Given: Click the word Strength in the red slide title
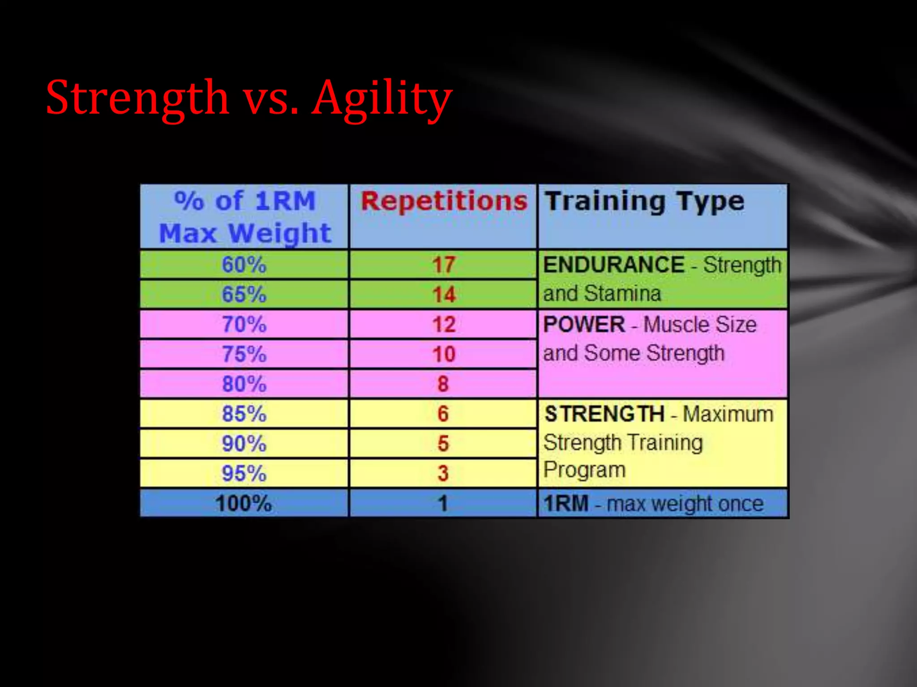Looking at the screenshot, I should [x=137, y=98].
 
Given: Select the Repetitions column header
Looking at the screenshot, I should [x=444, y=201].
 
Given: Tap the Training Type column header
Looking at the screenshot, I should [x=644, y=201].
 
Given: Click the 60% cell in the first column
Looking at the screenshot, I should [x=244, y=264].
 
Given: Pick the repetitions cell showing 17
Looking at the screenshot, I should [x=444, y=264].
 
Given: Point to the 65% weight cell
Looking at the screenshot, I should [x=244, y=294].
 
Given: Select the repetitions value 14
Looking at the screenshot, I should [x=444, y=294].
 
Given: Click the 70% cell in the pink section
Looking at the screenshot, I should [x=244, y=324].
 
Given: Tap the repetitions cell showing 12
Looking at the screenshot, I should [x=444, y=324].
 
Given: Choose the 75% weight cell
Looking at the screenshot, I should [x=244, y=354].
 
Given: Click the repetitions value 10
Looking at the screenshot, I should [x=444, y=354].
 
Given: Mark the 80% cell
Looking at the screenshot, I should [x=244, y=384].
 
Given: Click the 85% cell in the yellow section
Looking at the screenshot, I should [x=244, y=414].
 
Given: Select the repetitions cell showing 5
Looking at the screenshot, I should [x=443, y=443].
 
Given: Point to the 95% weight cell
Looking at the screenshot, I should [x=244, y=473].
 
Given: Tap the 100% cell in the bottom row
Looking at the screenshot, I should [x=244, y=503].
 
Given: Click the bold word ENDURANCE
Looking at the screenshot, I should [x=613, y=264].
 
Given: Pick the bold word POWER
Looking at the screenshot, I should [x=584, y=324].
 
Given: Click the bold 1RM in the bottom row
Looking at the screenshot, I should [x=566, y=504].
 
